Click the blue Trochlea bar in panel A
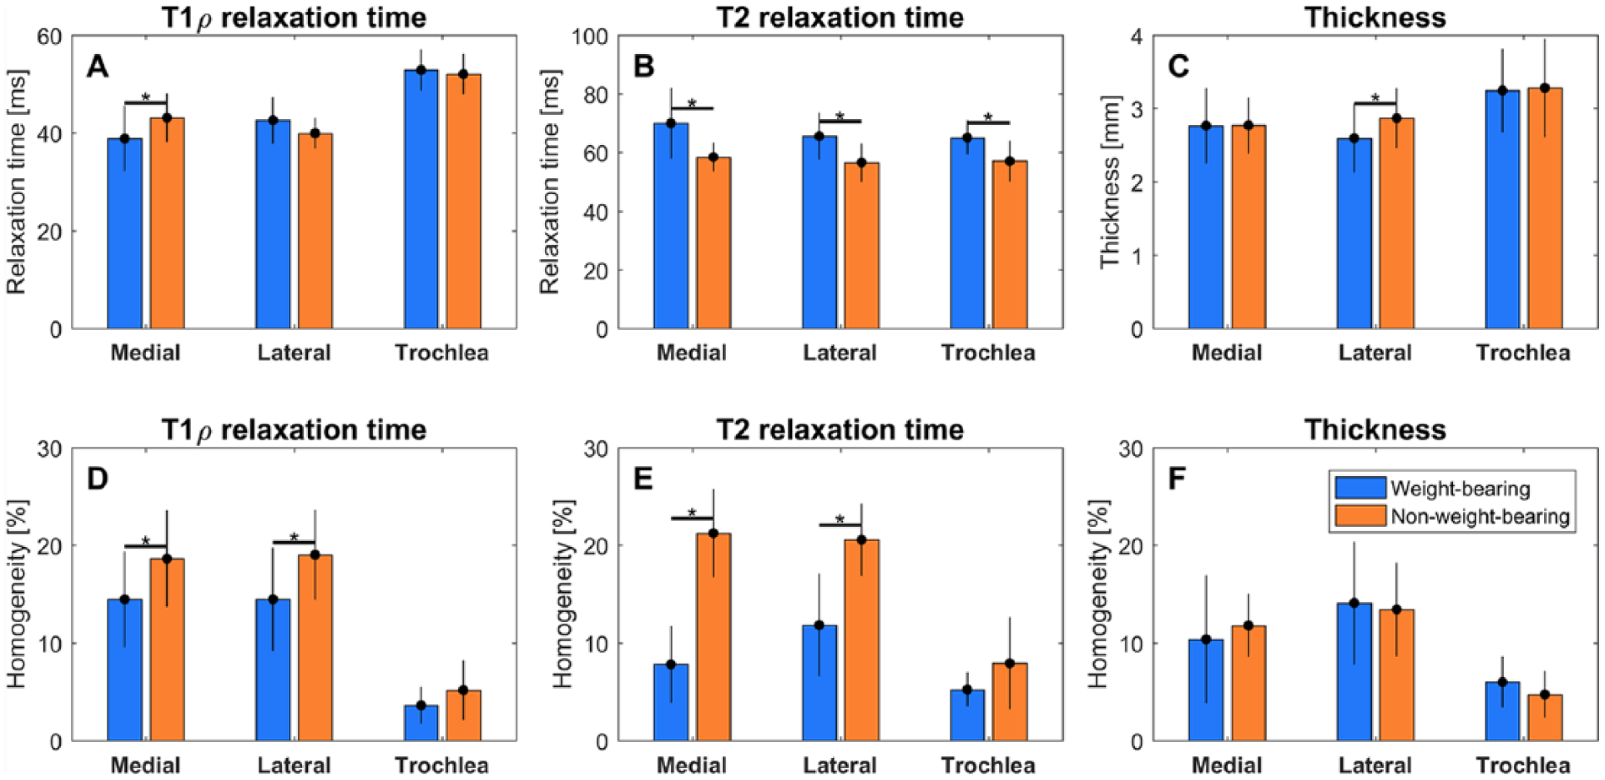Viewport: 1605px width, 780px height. (420, 199)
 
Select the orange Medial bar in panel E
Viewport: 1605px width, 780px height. (713, 637)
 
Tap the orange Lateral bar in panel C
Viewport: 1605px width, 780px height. (1396, 224)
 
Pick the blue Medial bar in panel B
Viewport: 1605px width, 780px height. (671, 226)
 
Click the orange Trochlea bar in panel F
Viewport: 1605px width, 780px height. (1544, 718)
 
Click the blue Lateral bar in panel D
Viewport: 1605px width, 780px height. (273, 670)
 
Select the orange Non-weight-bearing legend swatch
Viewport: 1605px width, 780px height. (1360, 516)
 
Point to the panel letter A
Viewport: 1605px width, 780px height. (98, 66)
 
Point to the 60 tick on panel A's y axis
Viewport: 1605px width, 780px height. (49, 36)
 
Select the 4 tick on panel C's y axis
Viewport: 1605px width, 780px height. (1137, 36)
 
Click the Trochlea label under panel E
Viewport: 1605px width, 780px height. (988, 766)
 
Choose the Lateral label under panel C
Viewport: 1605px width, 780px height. (1375, 353)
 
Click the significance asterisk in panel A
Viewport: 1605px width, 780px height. (146, 97)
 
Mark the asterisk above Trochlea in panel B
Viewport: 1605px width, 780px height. (988, 117)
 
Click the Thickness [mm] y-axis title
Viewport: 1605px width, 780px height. (1110, 182)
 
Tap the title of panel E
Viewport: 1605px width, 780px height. (840, 430)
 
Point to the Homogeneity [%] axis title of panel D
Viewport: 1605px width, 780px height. (17, 594)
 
